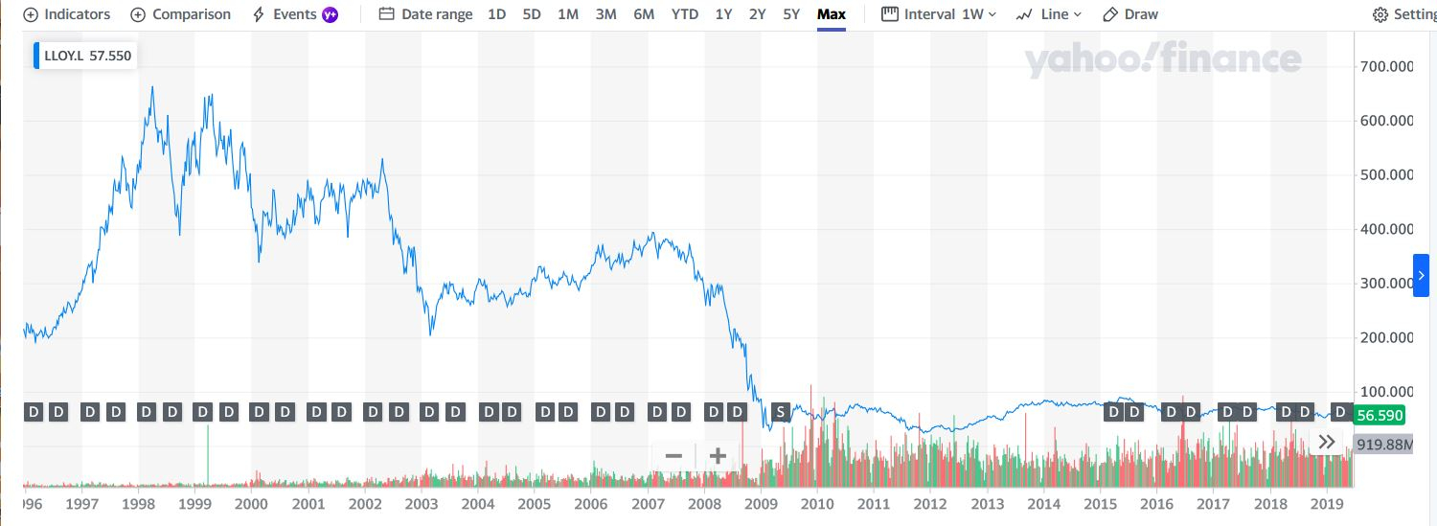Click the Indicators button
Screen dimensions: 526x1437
point(67,14)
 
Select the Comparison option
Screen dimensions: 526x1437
point(180,14)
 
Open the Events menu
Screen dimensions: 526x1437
point(294,14)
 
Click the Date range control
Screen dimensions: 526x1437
point(425,14)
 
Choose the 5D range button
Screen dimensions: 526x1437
point(532,14)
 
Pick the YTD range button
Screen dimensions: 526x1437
point(685,14)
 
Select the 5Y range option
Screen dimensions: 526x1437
point(791,14)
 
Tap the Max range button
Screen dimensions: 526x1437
point(832,14)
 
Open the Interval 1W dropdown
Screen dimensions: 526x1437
point(939,14)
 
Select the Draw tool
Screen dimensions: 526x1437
point(1130,14)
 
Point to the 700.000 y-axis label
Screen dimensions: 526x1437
point(1386,67)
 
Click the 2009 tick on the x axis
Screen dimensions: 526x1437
point(761,504)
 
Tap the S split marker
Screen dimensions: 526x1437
point(781,412)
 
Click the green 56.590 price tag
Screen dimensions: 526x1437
point(1379,415)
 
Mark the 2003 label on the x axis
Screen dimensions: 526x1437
point(422,504)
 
